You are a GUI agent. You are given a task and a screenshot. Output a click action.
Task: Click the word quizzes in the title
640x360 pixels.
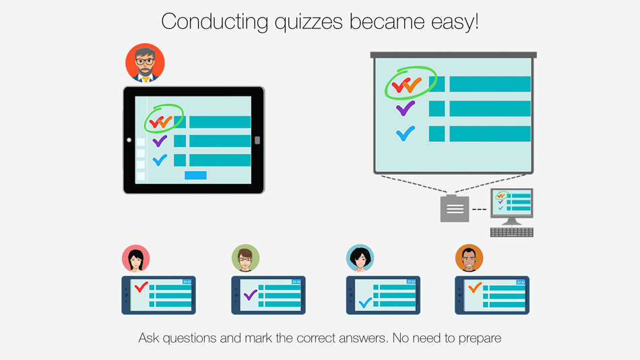(308, 22)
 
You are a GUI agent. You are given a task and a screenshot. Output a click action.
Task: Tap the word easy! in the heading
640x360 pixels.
(455, 22)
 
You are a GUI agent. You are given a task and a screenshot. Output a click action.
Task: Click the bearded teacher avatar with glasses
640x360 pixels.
(145, 63)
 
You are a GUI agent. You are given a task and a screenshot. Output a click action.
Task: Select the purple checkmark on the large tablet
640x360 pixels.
(160, 142)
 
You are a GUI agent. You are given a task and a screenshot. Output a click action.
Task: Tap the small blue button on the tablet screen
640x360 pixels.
(195, 175)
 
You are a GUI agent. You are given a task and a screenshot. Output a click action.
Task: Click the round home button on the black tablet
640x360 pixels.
(129, 140)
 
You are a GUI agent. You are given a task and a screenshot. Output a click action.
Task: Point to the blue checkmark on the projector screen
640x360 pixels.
(406, 133)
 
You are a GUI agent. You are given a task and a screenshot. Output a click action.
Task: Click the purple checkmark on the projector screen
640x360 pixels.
(406, 109)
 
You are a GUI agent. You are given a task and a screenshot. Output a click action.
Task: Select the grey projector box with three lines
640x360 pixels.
(455, 208)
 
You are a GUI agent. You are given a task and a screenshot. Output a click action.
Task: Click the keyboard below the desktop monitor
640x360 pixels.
(512, 233)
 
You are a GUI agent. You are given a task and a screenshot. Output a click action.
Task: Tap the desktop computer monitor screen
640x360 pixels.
(512, 202)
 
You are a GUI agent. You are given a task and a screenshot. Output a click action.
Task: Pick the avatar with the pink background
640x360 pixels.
(136, 258)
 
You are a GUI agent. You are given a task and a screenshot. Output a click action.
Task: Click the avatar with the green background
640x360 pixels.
(245, 258)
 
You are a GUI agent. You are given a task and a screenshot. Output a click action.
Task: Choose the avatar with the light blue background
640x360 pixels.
(360, 258)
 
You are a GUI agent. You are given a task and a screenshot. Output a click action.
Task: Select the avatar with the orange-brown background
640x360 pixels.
(470, 258)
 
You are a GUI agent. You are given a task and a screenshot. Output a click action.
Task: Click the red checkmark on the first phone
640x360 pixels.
(141, 287)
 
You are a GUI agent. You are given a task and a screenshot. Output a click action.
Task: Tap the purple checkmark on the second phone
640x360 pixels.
(250, 295)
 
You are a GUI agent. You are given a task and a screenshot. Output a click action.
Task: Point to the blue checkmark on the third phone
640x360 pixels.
(365, 303)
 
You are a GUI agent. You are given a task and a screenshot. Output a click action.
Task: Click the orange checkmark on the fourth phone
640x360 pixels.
(475, 288)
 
